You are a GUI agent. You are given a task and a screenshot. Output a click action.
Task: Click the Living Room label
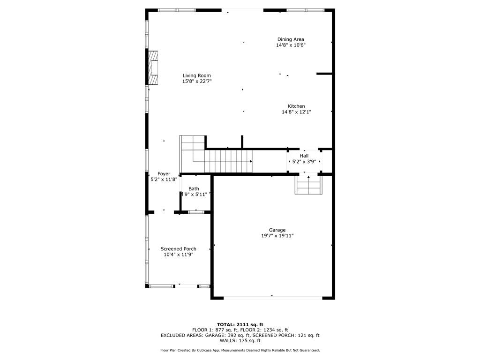[x=197, y=75]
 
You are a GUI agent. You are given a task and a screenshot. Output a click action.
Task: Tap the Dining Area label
[x=291, y=39]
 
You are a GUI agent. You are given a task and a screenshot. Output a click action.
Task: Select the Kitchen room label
[x=296, y=106]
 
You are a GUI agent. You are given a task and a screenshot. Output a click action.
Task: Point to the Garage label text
[x=277, y=230]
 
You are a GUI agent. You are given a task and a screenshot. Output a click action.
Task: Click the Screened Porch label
[x=178, y=249]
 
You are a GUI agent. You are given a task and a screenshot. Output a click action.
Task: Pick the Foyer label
[x=164, y=174]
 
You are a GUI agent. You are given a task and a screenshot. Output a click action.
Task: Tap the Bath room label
[x=194, y=189]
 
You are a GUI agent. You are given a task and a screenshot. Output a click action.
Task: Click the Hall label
[x=304, y=156]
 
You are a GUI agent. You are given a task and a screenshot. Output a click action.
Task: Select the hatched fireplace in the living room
[x=153, y=68]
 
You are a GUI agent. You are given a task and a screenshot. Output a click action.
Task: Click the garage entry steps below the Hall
[x=308, y=185]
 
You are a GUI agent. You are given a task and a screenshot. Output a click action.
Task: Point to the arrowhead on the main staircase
[x=251, y=161]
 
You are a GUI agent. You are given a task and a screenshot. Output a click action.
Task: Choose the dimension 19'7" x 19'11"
[x=277, y=236]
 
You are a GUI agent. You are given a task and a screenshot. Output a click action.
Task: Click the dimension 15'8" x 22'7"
[x=197, y=82]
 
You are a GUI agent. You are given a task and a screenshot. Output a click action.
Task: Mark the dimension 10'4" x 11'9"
[x=178, y=255]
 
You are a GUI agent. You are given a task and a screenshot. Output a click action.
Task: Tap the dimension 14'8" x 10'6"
[x=291, y=45]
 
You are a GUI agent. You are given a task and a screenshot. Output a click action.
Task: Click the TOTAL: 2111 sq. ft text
[x=240, y=324]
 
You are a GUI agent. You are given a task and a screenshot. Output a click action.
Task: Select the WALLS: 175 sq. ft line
[x=240, y=340]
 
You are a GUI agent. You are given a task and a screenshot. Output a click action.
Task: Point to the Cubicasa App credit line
[x=240, y=350]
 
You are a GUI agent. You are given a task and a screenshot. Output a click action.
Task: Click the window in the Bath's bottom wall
[x=196, y=212]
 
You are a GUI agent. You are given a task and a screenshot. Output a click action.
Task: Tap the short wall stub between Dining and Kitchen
[x=324, y=74]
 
